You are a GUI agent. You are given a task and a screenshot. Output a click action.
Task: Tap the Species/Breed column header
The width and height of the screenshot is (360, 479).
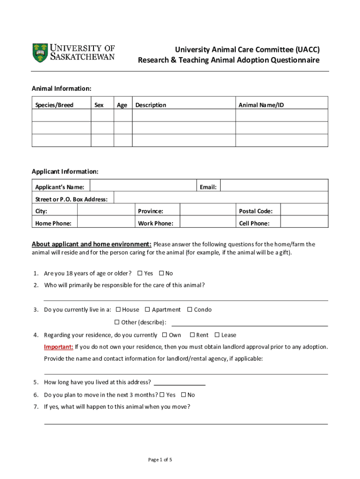pyautogui.click(x=54, y=105)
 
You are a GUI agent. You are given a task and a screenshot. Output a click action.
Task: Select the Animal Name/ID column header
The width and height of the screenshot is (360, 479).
pyautogui.click(x=261, y=105)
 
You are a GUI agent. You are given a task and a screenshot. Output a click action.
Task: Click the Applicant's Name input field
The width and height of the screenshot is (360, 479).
pyautogui.click(x=142, y=186)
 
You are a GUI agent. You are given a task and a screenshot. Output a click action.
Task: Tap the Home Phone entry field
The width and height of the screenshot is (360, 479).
pyautogui.click(x=106, y=223)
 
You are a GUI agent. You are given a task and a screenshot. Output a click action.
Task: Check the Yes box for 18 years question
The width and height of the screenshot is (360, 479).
pyautogui.click(x=140, y=273)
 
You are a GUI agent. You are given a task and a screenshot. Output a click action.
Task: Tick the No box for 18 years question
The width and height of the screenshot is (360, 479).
pyautogui.click(x=161, y=273)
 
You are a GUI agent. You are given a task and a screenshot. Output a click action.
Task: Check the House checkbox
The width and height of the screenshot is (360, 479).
pyautogui.click(x=118, y=309)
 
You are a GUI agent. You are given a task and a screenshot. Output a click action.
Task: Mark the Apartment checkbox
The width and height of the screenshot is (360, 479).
pyautogui.click(x=147, y=309)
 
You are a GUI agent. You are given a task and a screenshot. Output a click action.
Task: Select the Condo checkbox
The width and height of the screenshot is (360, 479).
pyautogui.click(x=190, y=309)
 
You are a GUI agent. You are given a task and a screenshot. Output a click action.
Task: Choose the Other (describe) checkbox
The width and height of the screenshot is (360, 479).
pyautogui.click(x=117, y=322)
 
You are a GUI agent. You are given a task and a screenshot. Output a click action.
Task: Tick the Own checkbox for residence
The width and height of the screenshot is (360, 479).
pyautogui.click(x=165, y=334)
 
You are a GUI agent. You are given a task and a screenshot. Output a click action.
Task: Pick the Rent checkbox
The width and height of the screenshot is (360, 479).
pyautogui.click(x=192, y=334)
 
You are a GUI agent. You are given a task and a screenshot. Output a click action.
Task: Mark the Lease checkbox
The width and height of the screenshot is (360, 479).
pyautogui.click(x=217, y=334)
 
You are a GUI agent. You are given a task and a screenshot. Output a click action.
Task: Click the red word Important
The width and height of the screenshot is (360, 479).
pyautogui.click(x=58, y=347)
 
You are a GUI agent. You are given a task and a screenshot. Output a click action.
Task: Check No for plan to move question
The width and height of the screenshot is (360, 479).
pyautogui.click(x=183, y=394)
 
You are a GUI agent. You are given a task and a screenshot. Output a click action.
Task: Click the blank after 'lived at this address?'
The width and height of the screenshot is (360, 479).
pyautogui.click(x=180, y=382)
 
